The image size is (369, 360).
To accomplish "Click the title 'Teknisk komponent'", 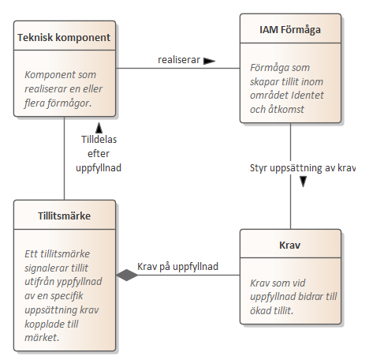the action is pos(64,38).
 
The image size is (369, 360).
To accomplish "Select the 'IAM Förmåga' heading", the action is pos(290,30).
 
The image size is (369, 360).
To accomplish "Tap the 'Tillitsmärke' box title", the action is pos(65,216).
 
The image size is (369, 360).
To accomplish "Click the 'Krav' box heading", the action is pos(290,246).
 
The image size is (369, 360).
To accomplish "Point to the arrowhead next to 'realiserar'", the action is pos(210,61).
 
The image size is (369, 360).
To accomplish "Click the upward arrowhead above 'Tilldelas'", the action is pos(99,128).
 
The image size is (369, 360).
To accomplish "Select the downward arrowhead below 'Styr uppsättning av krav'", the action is pos(304,182).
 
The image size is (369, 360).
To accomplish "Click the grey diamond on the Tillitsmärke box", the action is pos(127,276).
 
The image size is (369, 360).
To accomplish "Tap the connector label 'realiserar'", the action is pos(179,60).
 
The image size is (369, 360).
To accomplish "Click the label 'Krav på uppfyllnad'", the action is pos(177,267).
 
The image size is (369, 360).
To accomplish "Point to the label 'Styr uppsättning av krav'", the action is pos(303,168).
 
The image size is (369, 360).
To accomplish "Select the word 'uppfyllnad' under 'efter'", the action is pos(99,168).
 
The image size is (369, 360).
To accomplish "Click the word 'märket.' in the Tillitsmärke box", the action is pos(42,338).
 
